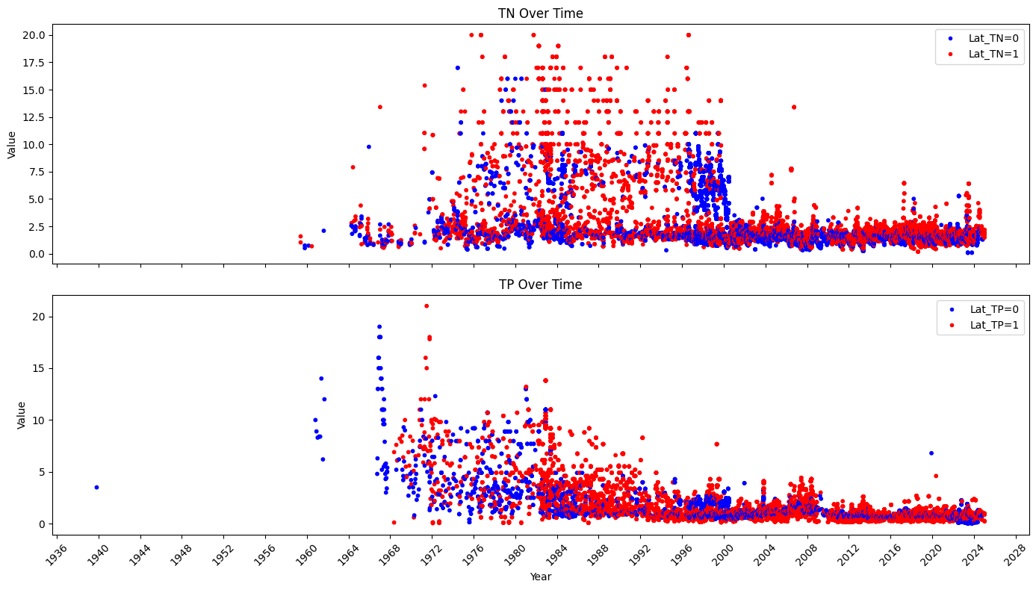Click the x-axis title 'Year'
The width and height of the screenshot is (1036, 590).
click(542, 577)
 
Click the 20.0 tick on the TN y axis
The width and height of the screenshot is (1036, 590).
click(37, 35)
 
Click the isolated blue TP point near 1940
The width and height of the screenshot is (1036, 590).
click(96, 487)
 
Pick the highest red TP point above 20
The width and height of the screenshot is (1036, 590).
click(427, 305)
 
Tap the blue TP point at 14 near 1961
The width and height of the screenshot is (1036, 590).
click(321, 379)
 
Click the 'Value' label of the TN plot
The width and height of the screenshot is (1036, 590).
click(12, 144)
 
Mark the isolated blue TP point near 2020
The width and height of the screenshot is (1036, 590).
click(931, 453)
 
